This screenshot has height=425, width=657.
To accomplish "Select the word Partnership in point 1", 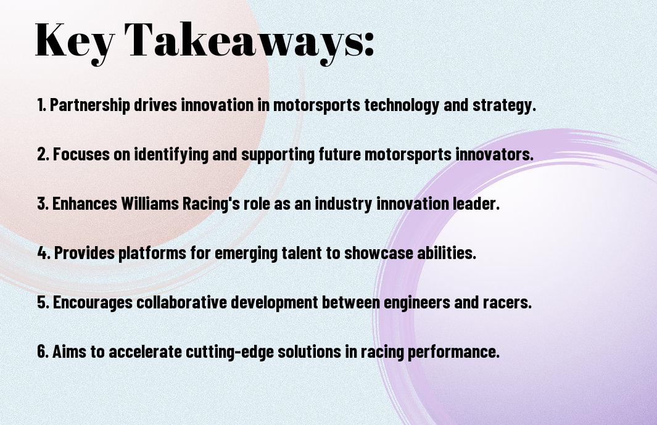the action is (x=89, y=105).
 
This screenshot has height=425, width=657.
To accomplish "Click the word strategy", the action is (x=504, y=105).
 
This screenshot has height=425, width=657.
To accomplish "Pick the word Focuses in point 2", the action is (x=81, y=154).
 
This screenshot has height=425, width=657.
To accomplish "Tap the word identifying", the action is (x=171, y=154).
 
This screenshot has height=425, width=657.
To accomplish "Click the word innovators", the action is (x=494, y=154).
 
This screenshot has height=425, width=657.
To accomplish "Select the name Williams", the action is (x=150, y=204).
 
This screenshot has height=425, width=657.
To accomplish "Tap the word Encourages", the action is (x=93, y=302).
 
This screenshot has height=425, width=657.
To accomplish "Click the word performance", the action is (x=454, y=351).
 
